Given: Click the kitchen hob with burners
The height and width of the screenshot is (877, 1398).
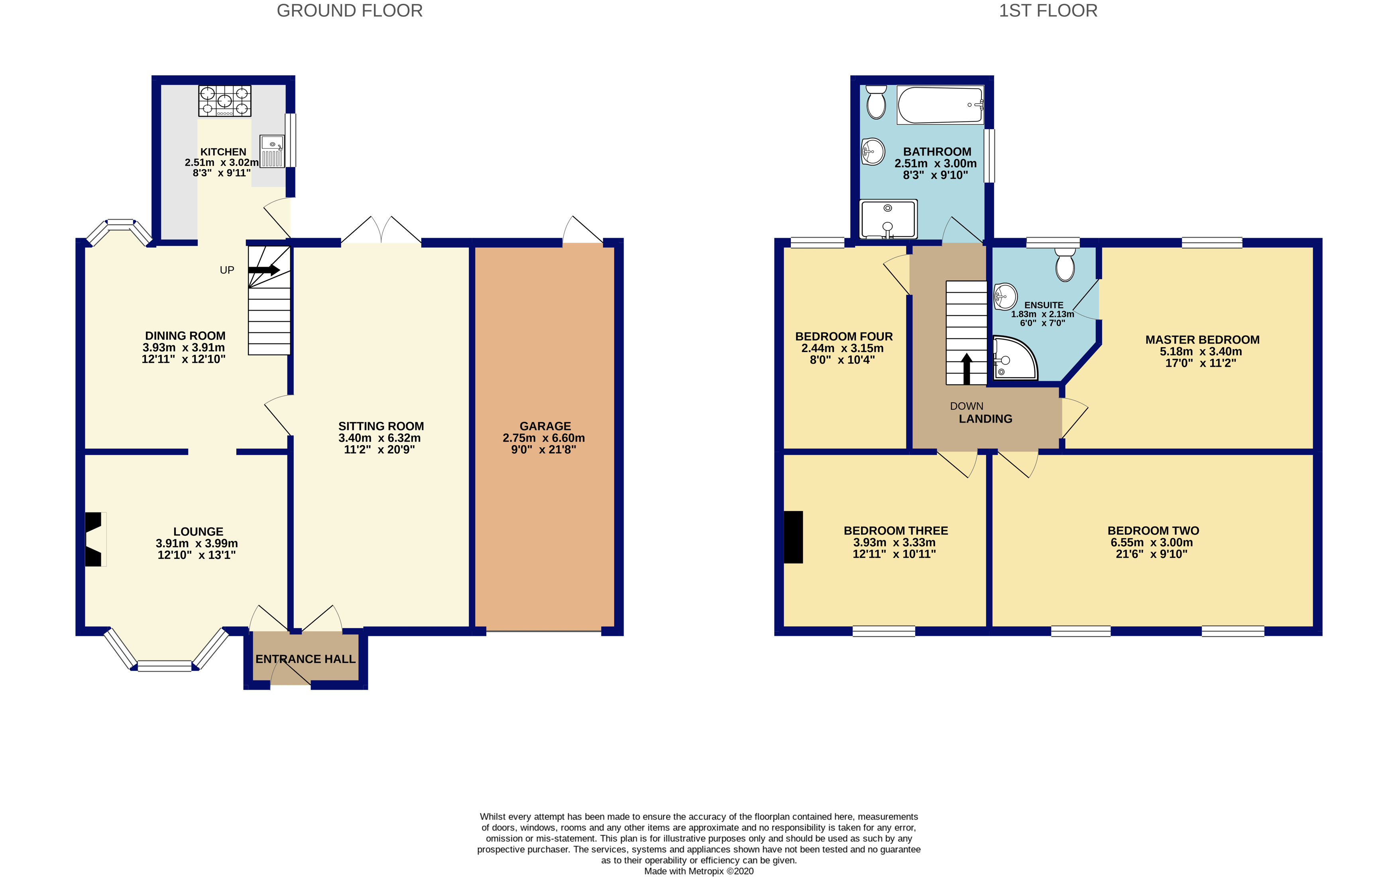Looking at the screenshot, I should [x=224, y=101].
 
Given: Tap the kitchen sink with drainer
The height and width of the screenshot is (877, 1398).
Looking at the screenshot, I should [x=272, y=151].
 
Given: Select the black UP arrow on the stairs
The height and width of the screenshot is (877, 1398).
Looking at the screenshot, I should [x=264, y=270].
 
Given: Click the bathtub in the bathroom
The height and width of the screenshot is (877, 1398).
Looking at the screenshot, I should [x=940, y=105].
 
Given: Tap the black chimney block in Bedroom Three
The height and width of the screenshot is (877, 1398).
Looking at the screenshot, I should [x=793, y=537].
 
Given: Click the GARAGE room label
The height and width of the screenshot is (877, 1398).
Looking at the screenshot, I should [x=545, y=426].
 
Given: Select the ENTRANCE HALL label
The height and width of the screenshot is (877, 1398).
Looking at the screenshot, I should [x=305, y=659].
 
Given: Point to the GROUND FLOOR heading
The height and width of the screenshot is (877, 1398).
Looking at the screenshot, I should [x=349, y=10].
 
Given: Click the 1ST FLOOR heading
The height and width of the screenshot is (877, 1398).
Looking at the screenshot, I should [x=1048, y=10].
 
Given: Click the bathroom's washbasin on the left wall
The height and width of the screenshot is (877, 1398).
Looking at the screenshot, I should [x=872, y=152].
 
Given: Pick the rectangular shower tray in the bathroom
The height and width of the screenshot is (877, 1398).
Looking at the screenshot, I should [x=888, y=219].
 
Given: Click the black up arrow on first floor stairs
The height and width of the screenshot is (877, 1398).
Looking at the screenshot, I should [x=966, y=369].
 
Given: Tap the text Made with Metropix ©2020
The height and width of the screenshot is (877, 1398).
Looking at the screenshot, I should [x=699, y=871].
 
